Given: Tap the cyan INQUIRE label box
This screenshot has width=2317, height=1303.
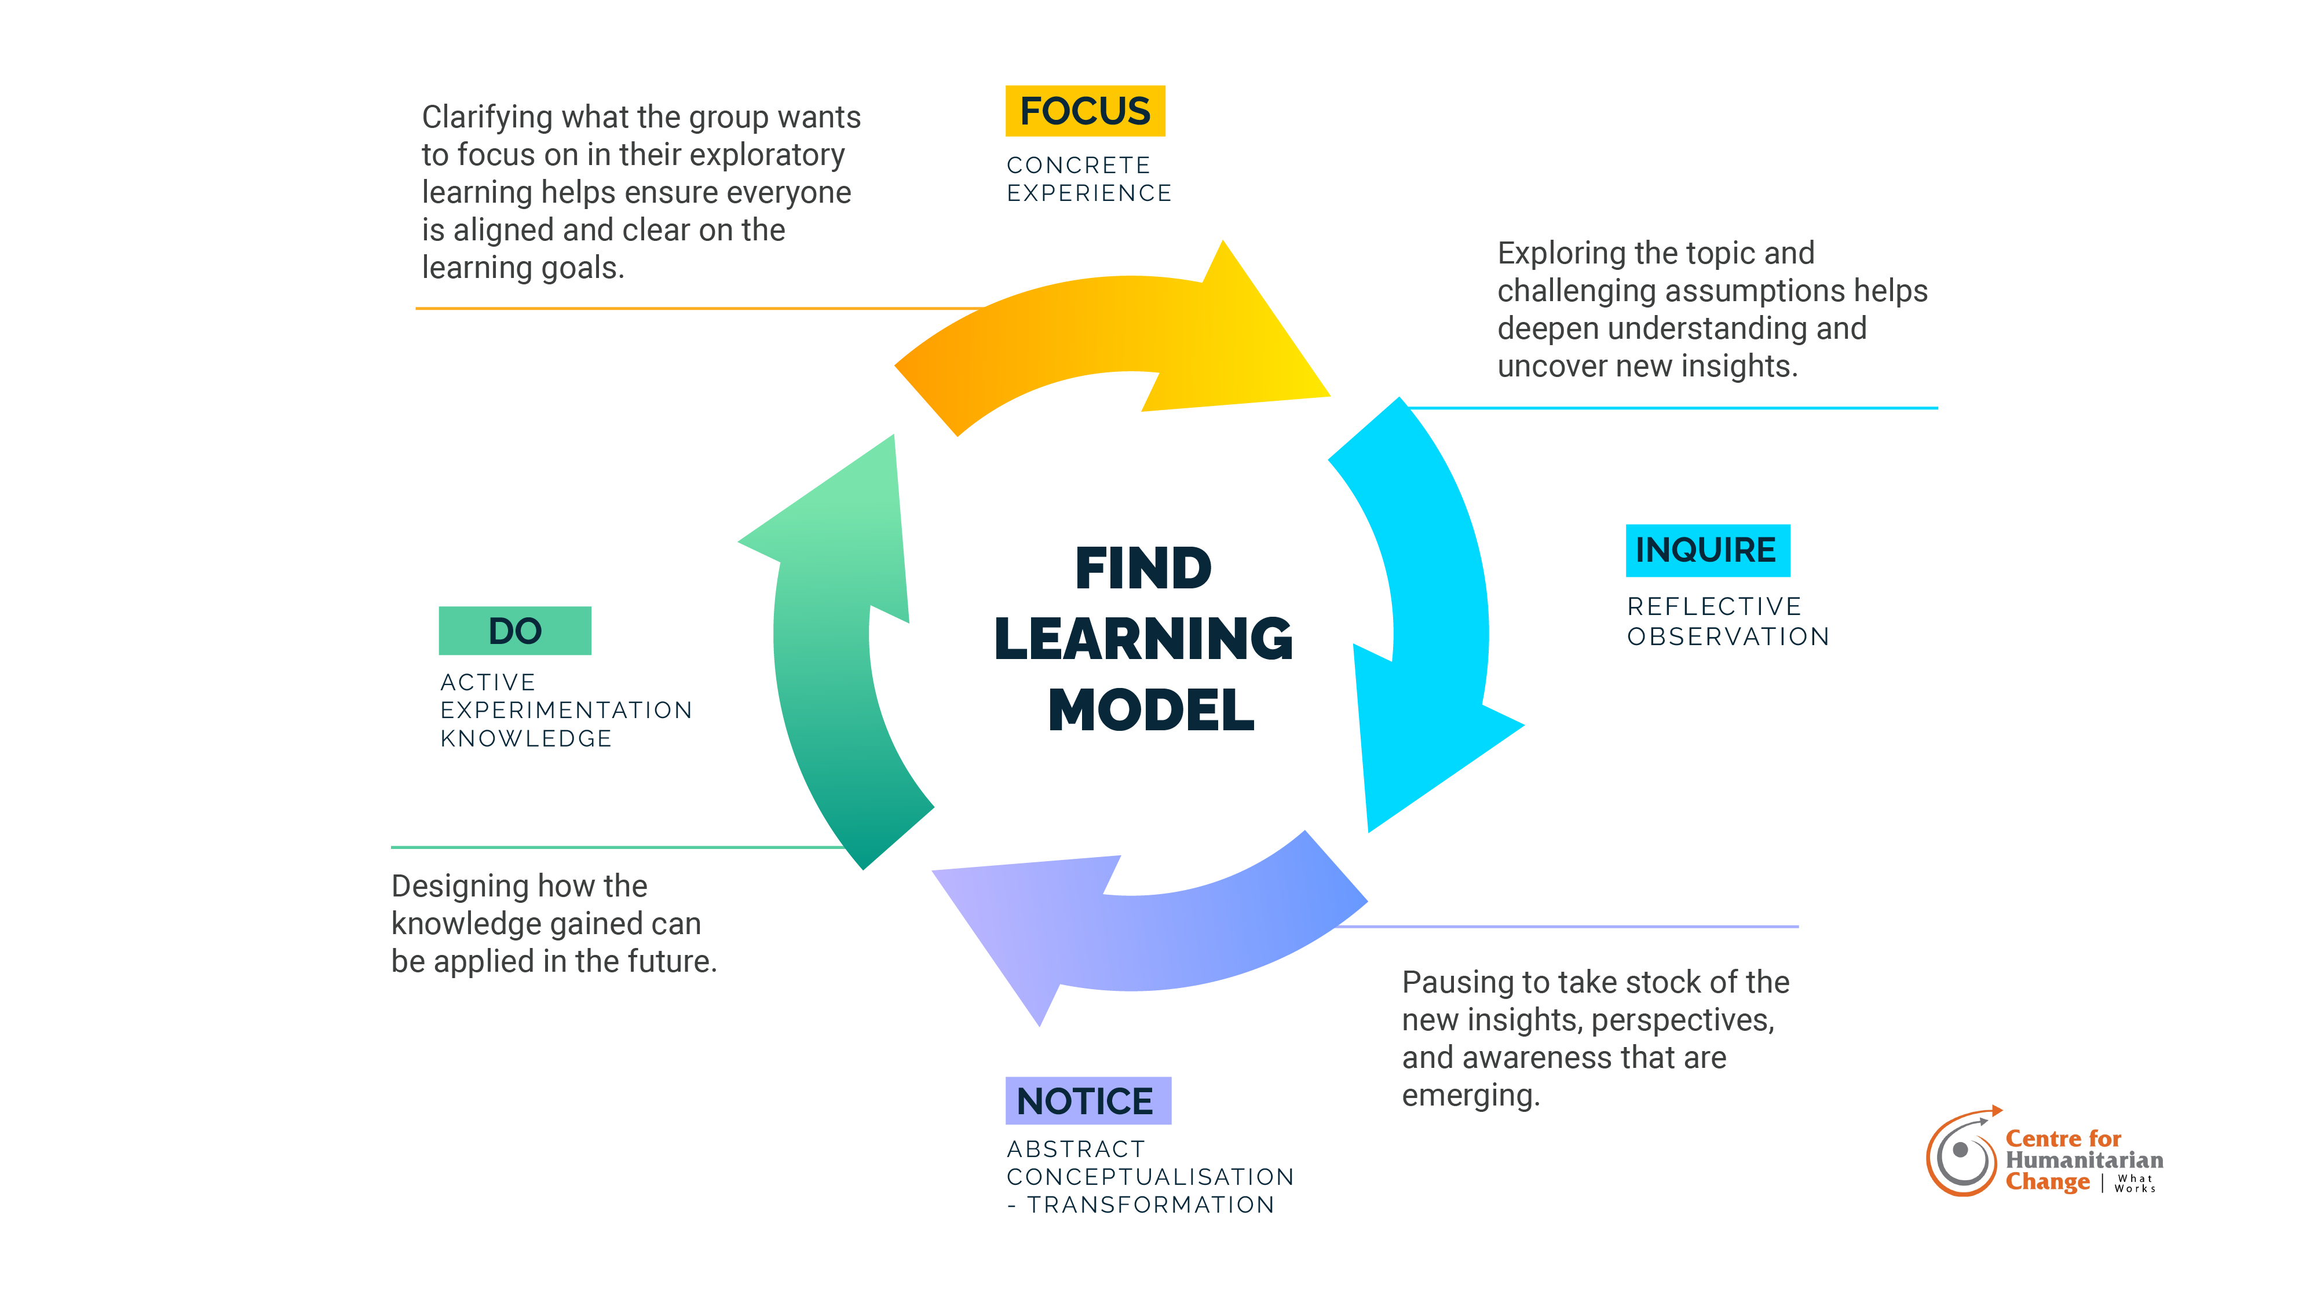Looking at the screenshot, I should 1706,550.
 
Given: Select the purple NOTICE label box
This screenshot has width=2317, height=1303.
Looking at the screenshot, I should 1087,1101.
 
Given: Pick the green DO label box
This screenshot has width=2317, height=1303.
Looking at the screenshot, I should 514,631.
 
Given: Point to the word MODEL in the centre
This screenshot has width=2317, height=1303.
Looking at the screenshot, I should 1150,709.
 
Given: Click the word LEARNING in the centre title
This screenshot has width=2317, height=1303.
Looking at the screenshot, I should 1143,638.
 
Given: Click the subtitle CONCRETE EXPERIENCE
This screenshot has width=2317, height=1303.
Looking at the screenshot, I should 1088,179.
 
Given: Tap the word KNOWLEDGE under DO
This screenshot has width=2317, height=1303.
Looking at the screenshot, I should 526,739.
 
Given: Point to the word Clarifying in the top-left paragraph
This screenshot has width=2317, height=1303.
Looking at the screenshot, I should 487,118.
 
